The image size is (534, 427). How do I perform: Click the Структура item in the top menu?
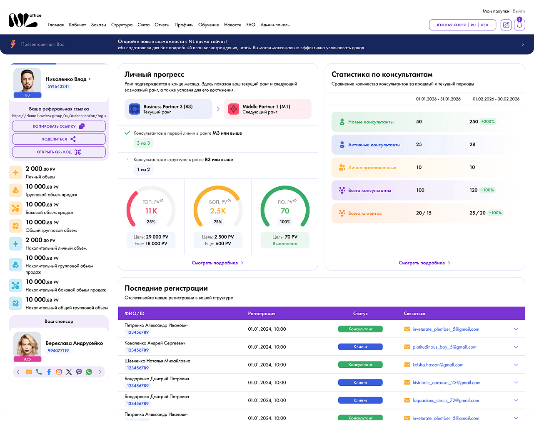[x=122, y=25]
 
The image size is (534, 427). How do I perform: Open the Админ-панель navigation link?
[x=274, y=25]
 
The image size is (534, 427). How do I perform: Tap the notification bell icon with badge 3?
[x=519, y=25]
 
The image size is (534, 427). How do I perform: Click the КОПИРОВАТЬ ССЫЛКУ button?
[x=59, y=126]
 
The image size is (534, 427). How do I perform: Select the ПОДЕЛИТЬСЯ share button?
[x=59, y=139]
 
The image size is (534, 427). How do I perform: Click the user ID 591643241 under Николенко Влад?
[x=58, y=86]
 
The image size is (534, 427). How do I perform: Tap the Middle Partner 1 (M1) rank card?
[x=267, y=109]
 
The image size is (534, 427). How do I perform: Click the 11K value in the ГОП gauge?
[x=151, y=211]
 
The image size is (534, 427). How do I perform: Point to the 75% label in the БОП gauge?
[x=218, y=221]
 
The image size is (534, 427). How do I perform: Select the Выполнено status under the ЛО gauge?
[x=285, y=244]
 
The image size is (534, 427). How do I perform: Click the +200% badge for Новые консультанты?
[x=488, y=121]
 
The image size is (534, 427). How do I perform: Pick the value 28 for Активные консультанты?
[x=472, y=144]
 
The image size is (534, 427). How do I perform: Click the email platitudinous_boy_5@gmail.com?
[x=444, y=347]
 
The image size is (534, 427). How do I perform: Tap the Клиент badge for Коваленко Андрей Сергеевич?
[x=360, y=347]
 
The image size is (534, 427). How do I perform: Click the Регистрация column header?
[x=262, y=314]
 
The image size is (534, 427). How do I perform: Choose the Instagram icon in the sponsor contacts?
[x=59, y=372]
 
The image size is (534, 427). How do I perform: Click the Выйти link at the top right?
[x=519, y=11]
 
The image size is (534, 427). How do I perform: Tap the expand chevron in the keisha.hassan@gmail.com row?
[x=516, y=364]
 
